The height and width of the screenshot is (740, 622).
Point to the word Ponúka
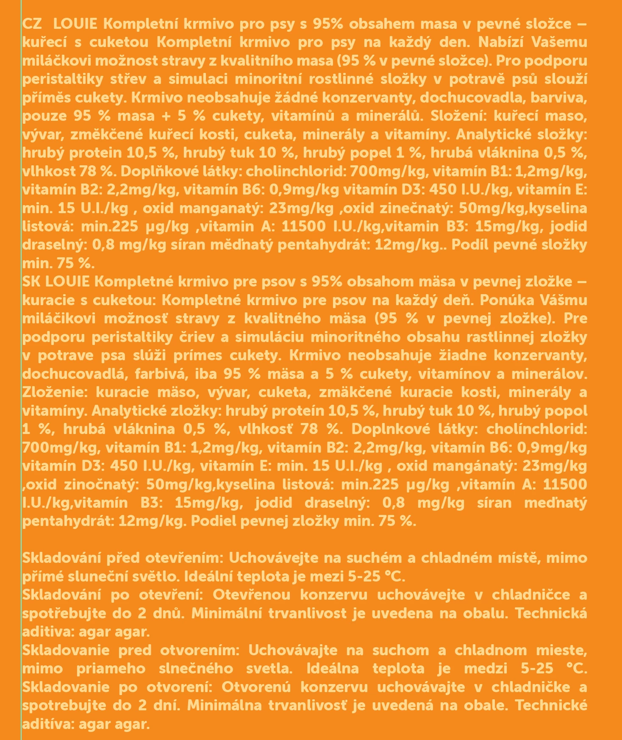coord(509,300)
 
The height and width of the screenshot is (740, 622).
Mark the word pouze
coord(44,116)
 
